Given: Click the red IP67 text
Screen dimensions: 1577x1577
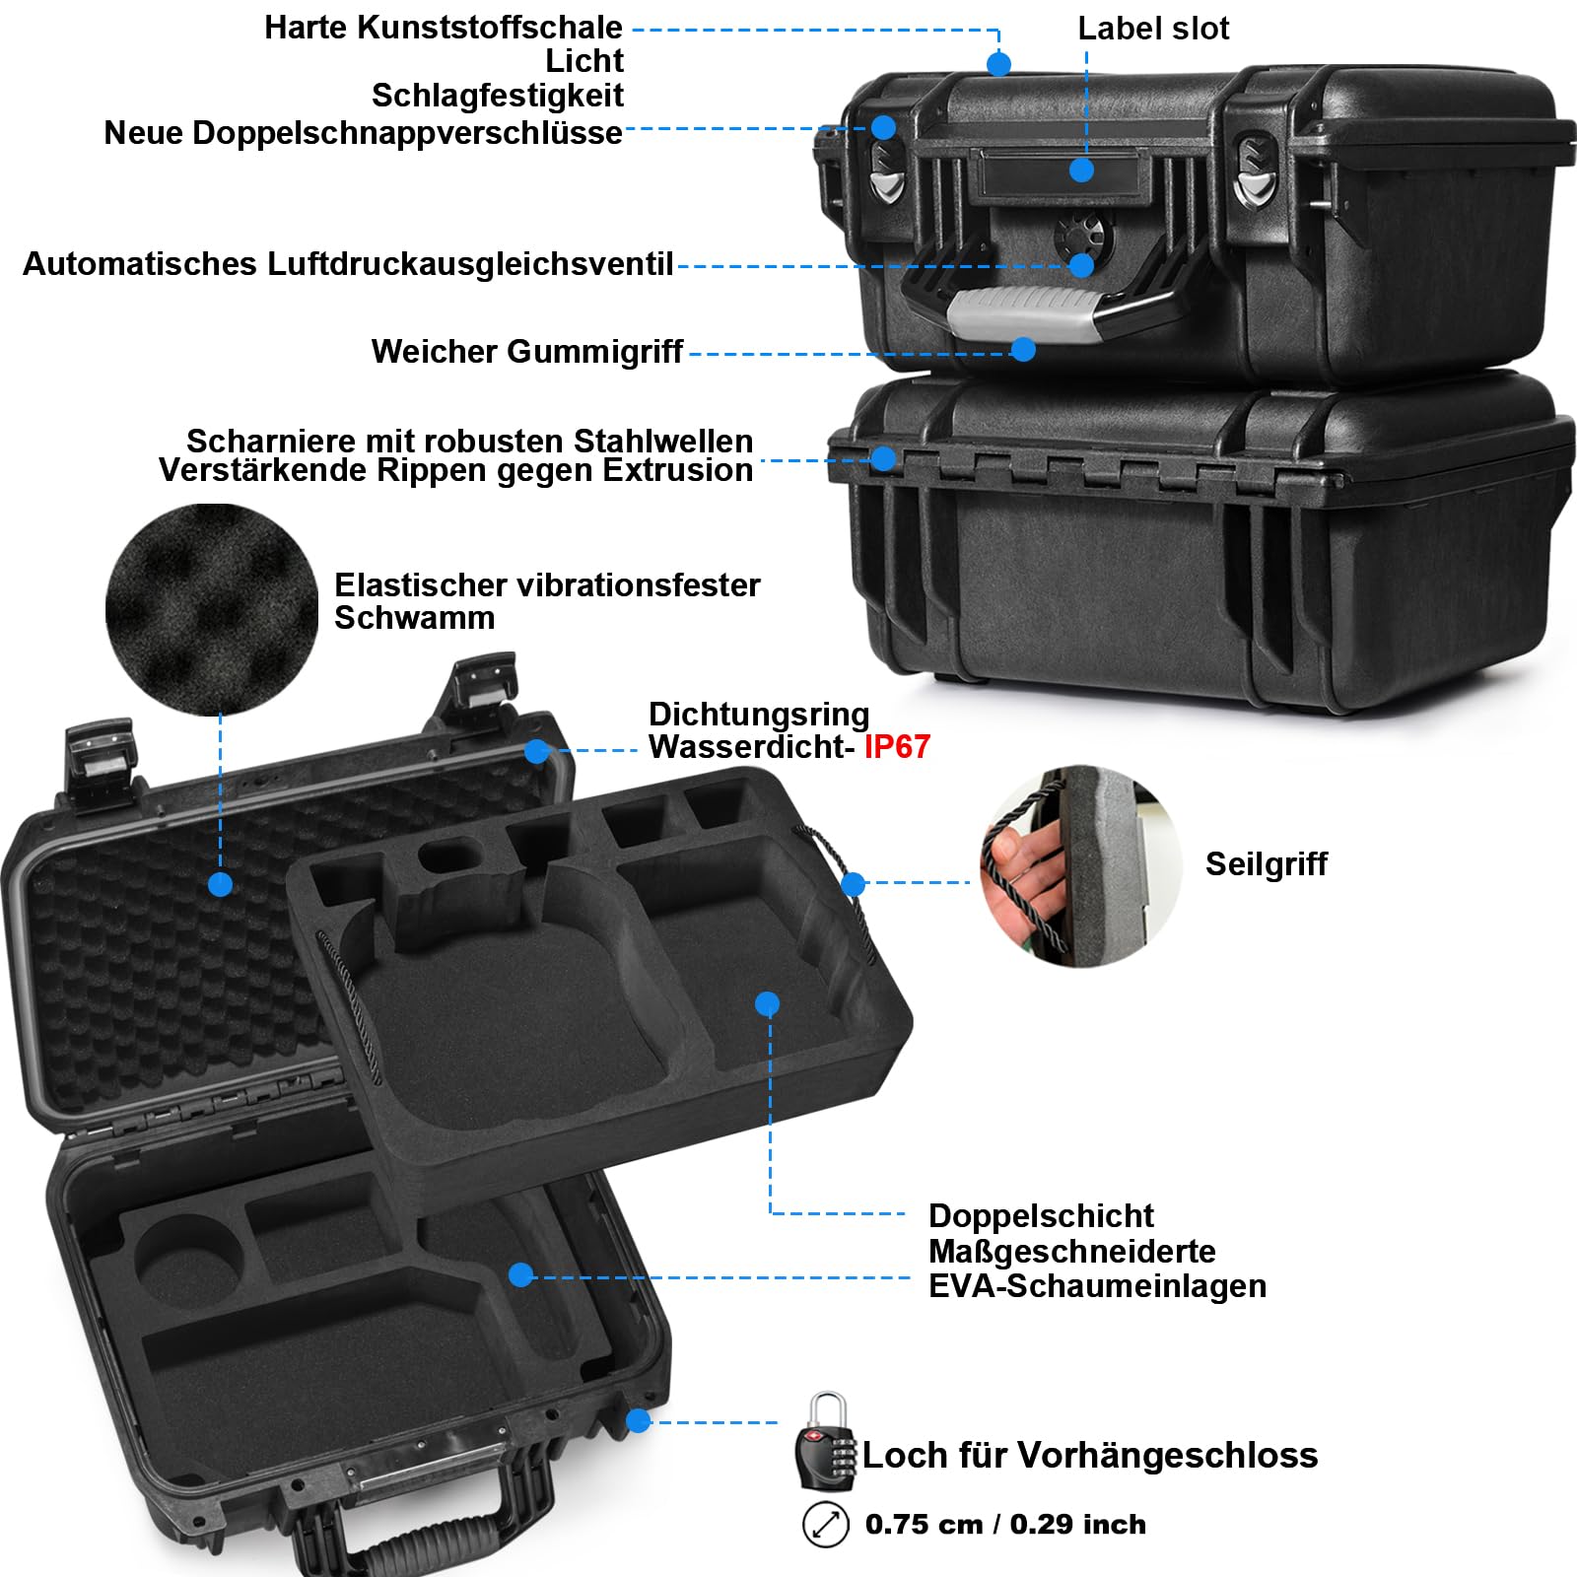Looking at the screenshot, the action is pyautogui.click(x=897, y=747).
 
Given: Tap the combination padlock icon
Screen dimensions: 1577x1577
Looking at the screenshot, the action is pyautogui.click(x=825, y=1440).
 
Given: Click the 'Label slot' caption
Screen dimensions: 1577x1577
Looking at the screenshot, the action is pyautogui.click(x=1153, y=29).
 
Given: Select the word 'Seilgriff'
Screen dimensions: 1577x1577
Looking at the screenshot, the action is pyautogui.click(x=1266, y=863).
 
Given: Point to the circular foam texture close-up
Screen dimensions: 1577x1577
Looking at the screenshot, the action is pyautogui.click(x=212, y=610).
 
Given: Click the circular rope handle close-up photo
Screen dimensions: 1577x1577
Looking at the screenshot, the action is pyautogui.click(x=1081, y=866).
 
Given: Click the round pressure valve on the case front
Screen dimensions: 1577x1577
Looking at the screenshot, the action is pyautogui.click(x=1083, y=237).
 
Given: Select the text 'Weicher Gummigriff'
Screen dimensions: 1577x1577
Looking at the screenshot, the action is pyautogui.click(x=527, y=352).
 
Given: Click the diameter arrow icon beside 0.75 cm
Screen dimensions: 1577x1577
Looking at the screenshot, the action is pyautogui.click(x=826, y=1525).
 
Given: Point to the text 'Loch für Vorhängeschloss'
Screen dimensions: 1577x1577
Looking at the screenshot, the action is pyautogui.click(x=1090, y=1455).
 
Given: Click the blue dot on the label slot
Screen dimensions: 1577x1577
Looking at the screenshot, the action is pyautogui.click(x=1081, y=171).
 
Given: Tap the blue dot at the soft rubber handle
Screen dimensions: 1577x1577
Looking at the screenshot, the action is pyautogui.click(x=1023, y=349).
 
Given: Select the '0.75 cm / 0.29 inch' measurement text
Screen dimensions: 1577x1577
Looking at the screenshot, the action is pyautogui.click(x=1006, y=1524).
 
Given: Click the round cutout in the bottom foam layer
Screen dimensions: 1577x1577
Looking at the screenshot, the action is pyautogui.click(x=187, y=1261).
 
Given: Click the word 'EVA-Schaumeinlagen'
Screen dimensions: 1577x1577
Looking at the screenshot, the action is pyautogui.click(x=1097, y=1286).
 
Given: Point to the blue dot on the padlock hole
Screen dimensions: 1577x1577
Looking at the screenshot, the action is pyautogui.click(x=639, y=1420).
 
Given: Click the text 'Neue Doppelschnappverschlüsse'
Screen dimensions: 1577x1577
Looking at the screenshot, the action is pyautogui.click(x=363, y=133).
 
